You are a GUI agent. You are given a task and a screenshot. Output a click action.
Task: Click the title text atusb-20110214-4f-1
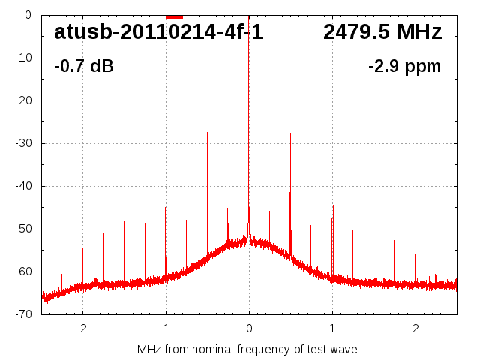pos(158,33)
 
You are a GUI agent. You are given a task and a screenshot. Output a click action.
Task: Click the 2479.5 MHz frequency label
pos(382,33)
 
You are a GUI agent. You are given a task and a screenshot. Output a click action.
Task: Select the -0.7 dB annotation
pos(84,67)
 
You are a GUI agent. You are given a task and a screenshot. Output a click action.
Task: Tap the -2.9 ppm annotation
pos(404,67)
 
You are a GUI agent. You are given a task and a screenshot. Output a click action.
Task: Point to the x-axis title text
pos(247,349)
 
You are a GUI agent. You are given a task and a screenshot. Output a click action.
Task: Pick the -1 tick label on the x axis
pos(164,328)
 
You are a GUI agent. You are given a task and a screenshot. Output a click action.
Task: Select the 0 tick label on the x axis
pos(249,328)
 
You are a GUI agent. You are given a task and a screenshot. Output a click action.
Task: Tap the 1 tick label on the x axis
pos(332,328)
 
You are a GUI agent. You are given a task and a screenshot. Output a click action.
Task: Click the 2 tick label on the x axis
pos(415,328)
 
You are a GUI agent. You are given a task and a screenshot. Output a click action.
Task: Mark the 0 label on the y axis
pos(28,15)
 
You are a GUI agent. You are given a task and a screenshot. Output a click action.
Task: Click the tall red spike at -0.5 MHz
pos(207,187)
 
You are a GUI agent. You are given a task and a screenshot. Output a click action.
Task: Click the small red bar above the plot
pos(174,16)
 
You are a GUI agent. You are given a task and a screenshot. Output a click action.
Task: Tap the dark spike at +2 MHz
pos(415,266)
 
